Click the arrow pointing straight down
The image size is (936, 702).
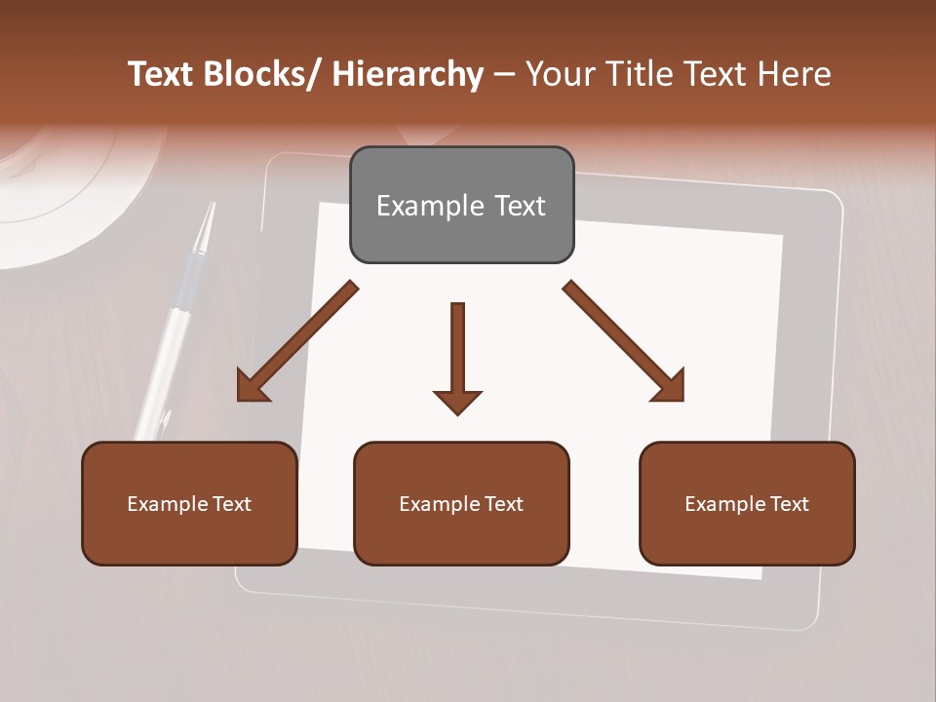click(457, 357)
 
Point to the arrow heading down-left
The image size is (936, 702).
click(296, 341)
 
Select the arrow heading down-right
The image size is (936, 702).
click(624, 341)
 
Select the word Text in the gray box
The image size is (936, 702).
click(519, 206)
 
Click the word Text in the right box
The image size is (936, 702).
click(788, 504)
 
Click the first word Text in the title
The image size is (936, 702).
click(162, 75)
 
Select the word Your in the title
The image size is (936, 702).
click(557, 75)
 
